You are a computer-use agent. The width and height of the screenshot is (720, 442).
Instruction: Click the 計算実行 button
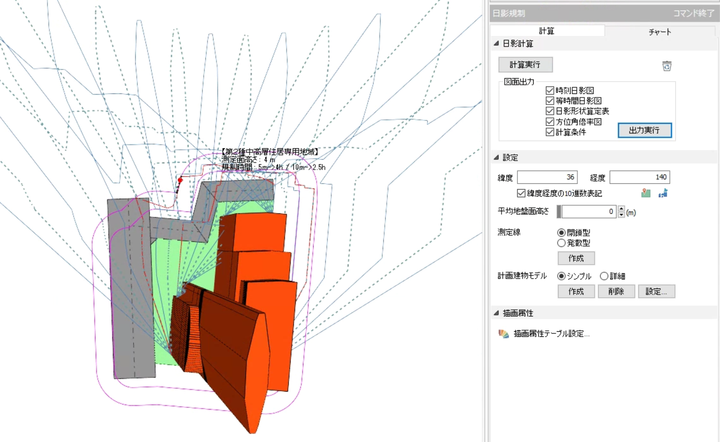pyautogui.click(x=525, y=65)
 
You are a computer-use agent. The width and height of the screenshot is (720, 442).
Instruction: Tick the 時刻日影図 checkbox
pyautogui.click(x=550, y=90)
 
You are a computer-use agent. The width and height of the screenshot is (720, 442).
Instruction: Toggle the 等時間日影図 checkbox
pyautogui.click(x=550, y=100)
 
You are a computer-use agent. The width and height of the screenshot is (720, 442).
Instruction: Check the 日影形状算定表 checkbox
pyautogui.click(x=550, y=111)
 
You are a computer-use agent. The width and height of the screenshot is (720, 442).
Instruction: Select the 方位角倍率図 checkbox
pyautogui.click(x=550, y=121)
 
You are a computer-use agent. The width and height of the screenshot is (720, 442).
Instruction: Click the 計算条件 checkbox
pyautogui.click(x=550, y=132)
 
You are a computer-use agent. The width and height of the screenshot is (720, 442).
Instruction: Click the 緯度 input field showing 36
pyautogui.click(x=547, y=177)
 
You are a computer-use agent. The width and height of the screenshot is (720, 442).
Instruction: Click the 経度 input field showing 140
pyautogui.click(x=640, y=177)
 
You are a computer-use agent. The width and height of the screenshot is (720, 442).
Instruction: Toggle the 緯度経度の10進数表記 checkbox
pyautogui.click(x=521, y=193)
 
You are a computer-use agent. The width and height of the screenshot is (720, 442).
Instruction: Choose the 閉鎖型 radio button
pyautogui.click(x=561, y=232)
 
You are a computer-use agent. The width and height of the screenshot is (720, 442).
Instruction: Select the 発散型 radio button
pyautogui.click(x=561, y=243)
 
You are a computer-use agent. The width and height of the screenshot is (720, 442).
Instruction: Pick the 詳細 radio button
pyautogui.click(x=604, y=276)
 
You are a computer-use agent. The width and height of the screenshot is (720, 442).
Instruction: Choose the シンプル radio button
pyautogui.click(x=561, y=276)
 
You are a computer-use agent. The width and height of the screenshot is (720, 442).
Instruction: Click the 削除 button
pyautogui.click(x=616, y=292)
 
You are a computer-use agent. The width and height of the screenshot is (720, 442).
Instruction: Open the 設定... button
pyautogui.click(x=656, y=292)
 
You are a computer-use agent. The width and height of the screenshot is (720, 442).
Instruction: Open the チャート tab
pyautogui.click(x=660, y=32)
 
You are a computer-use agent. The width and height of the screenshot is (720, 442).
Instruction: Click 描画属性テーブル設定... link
pyautogui.click(x=552, y=334)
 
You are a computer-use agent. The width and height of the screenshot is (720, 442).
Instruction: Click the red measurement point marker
pyautogui.click(x=180, y=180)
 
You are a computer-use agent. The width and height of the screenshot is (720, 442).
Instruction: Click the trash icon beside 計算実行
pyautogui.click(x=667, y=66)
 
